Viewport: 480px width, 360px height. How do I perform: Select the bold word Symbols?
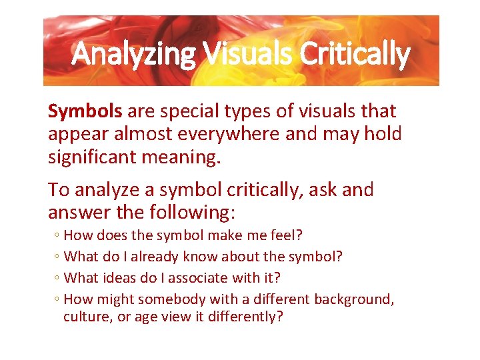pyautogui.click(x=85, y=111)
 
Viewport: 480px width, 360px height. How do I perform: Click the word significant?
pyautogui.click(x=100, y=157)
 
